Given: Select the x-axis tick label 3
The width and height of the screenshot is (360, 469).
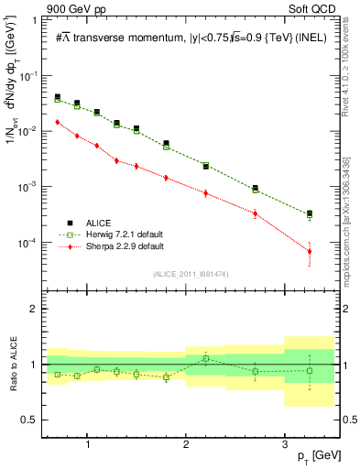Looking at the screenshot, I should click(285, 445).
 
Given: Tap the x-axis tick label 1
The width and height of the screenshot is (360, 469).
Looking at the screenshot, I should click(87, 445).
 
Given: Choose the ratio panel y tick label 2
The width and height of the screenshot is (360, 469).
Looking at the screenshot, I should click(38, 309).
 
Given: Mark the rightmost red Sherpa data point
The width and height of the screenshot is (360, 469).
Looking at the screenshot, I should click(310, 251).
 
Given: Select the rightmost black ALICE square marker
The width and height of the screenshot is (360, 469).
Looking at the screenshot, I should click(310, 213).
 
